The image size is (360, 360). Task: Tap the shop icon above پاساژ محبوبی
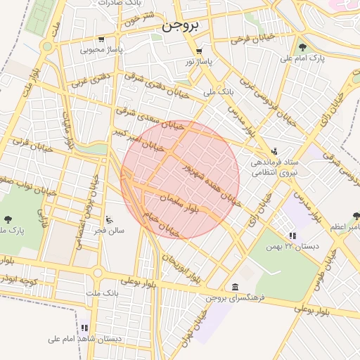click(x=101, y=39)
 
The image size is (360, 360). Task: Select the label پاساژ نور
click(x=198, y=62)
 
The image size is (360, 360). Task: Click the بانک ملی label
click(x=217, y=91)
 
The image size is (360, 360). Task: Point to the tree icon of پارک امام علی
click(x=302, y=48)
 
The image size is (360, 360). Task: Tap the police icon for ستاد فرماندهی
click(x=274, y=151)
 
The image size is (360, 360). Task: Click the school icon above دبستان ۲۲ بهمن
click(x=292, y=236)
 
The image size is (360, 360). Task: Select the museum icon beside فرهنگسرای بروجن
click(x=235, y=287)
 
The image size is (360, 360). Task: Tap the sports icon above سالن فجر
click(x=109, y=219)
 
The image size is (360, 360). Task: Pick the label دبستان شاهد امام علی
click(x=84, y=338)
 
